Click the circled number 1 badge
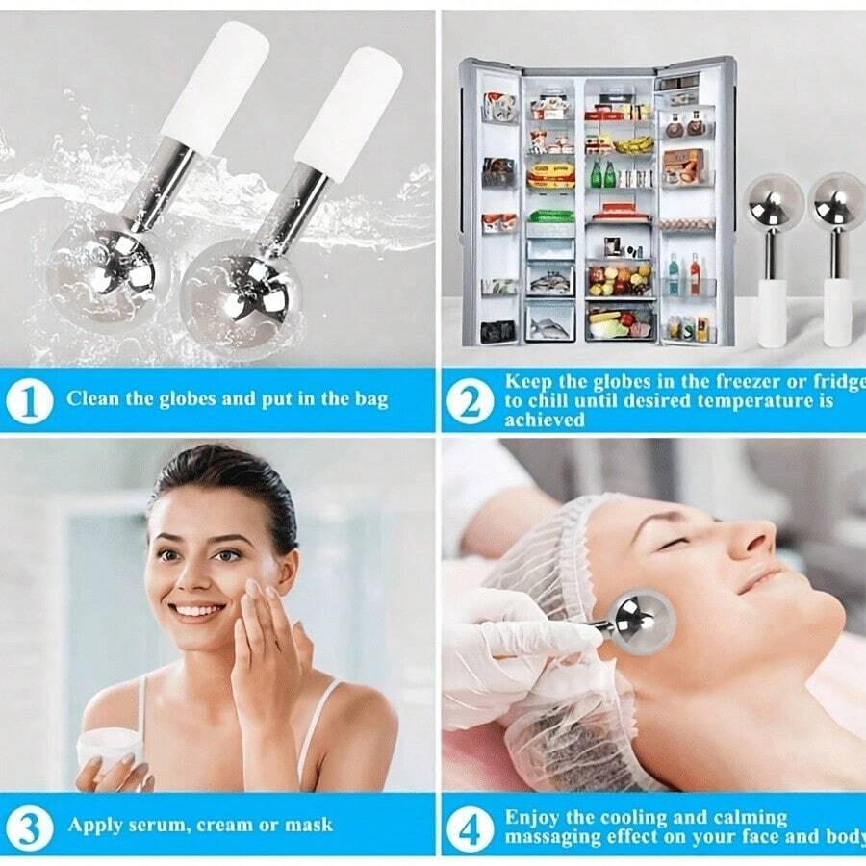(x=29, y=401)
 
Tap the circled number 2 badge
(x=470, y=401)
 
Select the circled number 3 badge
(x=29, y=828)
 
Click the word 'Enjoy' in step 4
(x=532, y=818)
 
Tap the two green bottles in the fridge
(x=602, y=173)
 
